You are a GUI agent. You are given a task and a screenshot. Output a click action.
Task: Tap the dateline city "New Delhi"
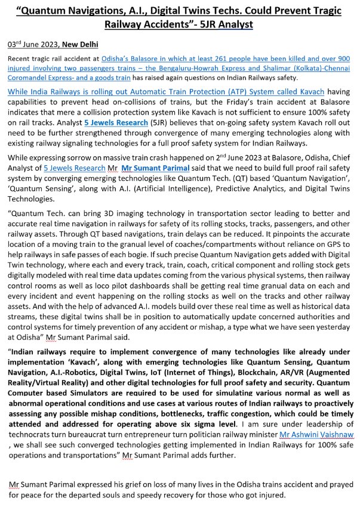[x=75, y=45]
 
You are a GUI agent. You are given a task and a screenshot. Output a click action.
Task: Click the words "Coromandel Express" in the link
[x=42, y=78]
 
